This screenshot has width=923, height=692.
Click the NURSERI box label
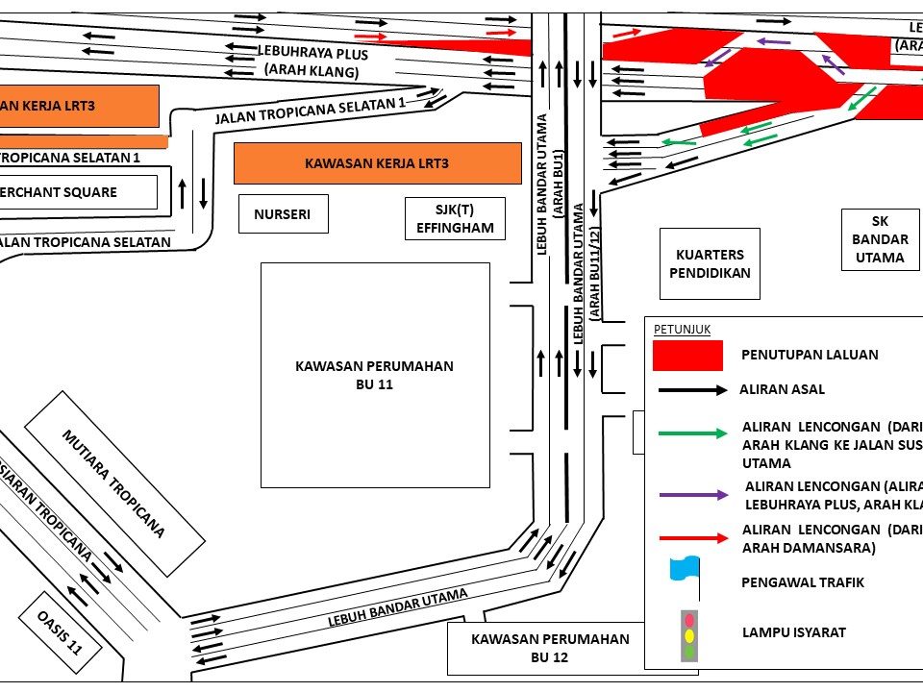[283, 214]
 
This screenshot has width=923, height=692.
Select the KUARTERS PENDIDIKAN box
[710, 263]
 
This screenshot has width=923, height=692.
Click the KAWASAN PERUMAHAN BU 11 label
[374, 375]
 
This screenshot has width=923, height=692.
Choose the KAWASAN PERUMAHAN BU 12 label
[550, 648]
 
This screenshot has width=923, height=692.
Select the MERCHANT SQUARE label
[59, 192]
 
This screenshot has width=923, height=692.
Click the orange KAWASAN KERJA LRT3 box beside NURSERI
[377, 163]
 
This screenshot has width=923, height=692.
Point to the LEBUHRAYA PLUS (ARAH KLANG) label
[312, 62]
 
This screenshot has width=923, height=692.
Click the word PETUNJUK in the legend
[682, 329]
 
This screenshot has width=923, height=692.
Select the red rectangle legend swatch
[687, 355]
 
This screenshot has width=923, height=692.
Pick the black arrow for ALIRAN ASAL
[692, 391]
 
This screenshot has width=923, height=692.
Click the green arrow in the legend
[692, 433]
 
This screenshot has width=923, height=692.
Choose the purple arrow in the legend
[692, 495]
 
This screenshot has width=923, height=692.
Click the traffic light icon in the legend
[687, 634]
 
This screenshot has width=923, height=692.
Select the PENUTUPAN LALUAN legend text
[810, 355]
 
